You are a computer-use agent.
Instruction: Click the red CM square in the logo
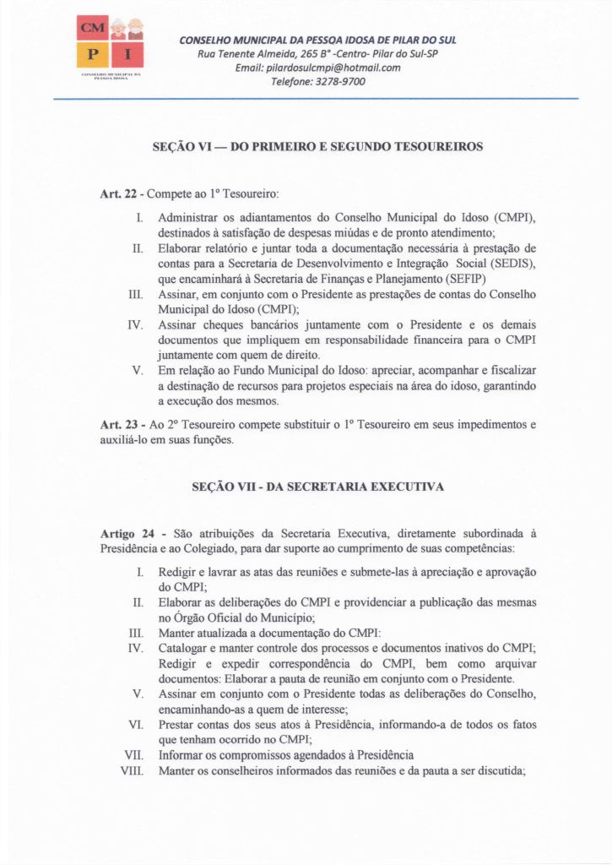click(89, 29)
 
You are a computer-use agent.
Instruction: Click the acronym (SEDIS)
click(515, 264)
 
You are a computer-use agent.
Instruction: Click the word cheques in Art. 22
click(221, 324)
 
